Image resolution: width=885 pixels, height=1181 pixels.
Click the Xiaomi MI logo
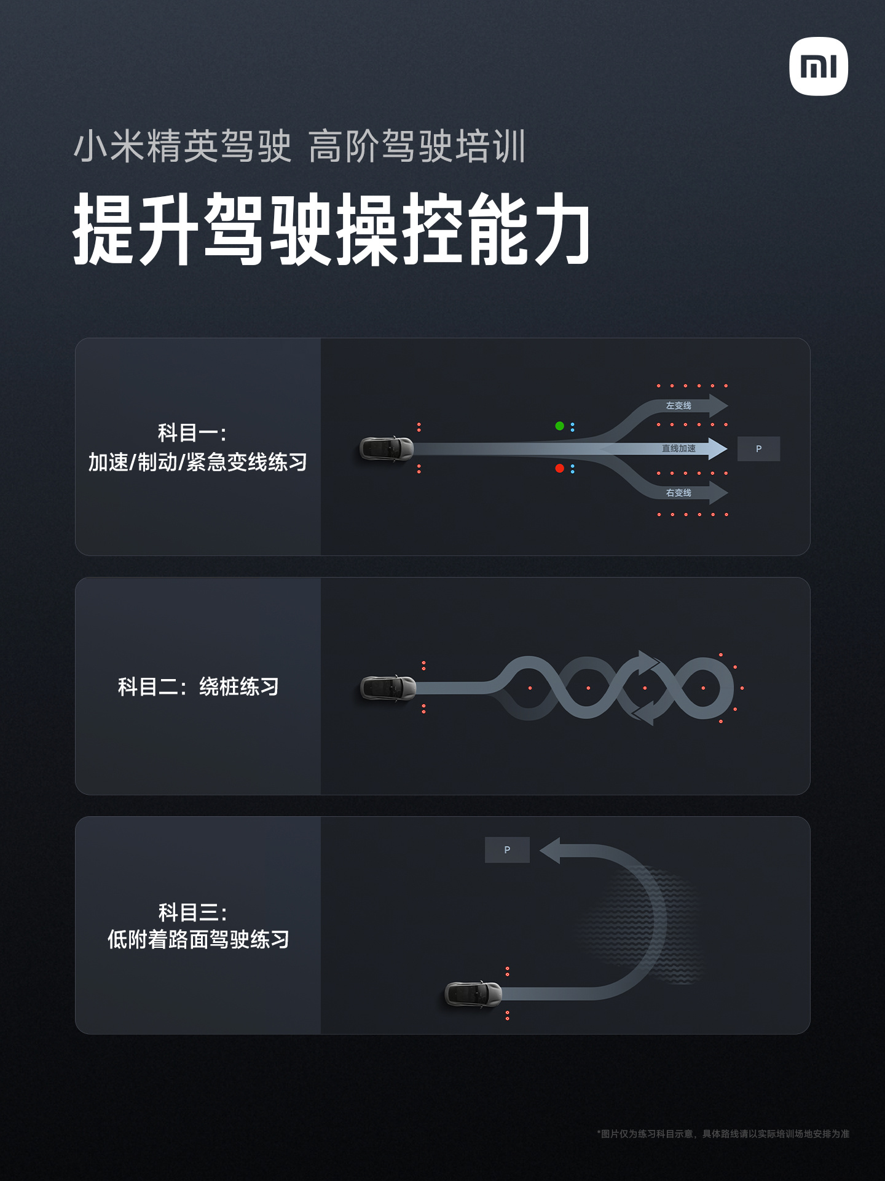coord(818,66)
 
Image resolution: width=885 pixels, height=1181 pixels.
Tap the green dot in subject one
coord(559,426)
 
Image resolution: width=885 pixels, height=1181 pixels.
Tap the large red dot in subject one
coord(559,468)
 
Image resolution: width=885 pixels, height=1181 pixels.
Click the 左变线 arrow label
coord(678,406)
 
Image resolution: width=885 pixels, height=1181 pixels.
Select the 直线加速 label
coord(678,448)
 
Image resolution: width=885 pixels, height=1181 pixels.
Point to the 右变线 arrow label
coord(678,493)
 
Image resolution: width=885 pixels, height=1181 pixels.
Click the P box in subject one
coord(758,449)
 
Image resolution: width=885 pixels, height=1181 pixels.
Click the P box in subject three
coord(507,849)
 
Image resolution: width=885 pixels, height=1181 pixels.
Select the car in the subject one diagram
coord(387,449)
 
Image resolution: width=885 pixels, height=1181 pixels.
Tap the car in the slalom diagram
coord(388,688)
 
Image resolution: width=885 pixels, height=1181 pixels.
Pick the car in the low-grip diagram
coord(473,994)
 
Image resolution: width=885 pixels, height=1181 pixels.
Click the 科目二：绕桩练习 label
coord(198,686)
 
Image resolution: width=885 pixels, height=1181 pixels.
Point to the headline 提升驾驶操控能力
coord(332,229)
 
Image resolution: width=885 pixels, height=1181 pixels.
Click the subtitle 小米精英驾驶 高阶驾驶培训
coord(299,146)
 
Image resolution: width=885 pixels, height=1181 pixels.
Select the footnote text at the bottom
coord(723,1134)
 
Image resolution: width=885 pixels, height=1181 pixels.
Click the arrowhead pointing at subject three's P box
coord(551,850)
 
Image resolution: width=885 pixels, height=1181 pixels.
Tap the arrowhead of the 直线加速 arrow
coord(717,448)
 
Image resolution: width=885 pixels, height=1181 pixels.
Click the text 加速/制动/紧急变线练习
coord(198,462)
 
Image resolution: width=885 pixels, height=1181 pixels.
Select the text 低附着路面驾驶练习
coord(198,939)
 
